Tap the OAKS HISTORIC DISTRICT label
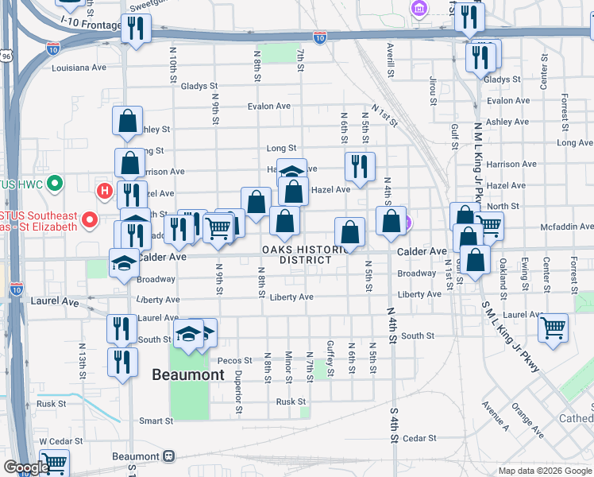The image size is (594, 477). (x=297, y=254)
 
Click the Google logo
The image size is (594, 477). (x=25, y=467)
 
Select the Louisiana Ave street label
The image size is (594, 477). (x=79, y=68)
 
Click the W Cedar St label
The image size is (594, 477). (x=56, y=440)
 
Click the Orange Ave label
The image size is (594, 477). (x=526, y=421)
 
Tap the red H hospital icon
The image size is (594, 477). (x=103, y=191)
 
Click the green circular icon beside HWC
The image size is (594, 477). (x=55, y=184)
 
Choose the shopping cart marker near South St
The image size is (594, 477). (x=553, y=326)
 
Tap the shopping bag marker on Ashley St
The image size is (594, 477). (x=127, y=121)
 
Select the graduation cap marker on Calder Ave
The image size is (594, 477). (x=124, y=262)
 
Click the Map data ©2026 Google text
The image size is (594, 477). (x=545, y=471)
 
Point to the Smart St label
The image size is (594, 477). (x=156, y=421)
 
